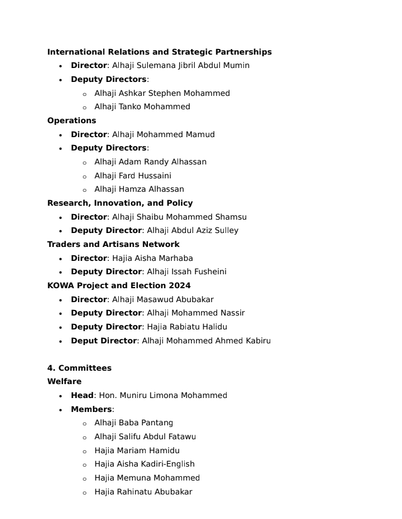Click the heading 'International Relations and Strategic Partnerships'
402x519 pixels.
159,52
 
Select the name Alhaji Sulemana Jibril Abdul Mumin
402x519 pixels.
181,65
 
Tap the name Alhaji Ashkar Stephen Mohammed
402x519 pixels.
162,93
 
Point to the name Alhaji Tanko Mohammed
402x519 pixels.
142,106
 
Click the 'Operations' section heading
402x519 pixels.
71,120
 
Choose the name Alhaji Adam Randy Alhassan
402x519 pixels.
150,162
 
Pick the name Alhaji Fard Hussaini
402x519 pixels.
132,176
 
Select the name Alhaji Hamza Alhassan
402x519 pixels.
139,189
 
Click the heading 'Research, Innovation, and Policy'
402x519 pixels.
120,203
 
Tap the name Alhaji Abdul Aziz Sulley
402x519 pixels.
193,230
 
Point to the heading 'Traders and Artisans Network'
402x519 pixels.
113,244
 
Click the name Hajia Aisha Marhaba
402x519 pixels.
152,258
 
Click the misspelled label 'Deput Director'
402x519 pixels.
104,341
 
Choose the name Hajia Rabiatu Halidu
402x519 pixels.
187,327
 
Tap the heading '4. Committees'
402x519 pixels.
79,368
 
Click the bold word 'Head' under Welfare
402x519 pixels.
82,395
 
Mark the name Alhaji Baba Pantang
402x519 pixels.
133,423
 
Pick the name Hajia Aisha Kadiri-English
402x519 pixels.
144,464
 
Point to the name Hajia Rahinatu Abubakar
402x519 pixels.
143,492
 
